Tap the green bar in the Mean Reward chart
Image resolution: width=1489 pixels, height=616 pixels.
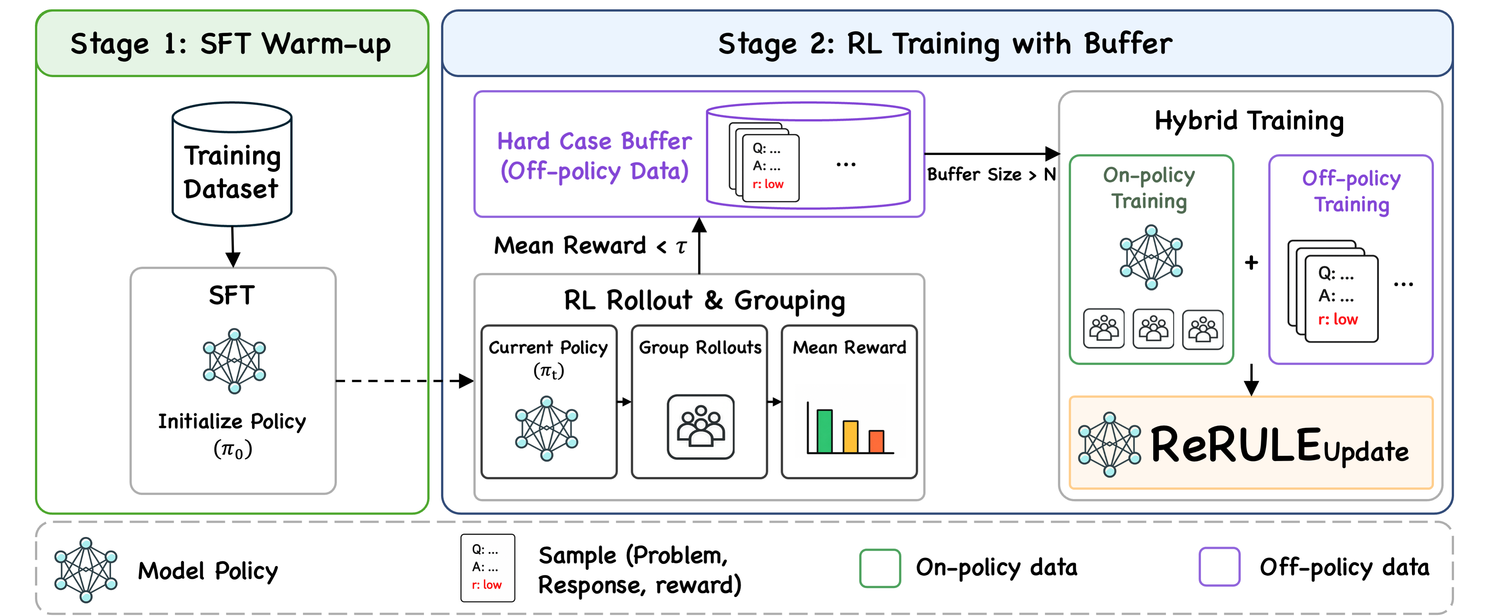tap(824, 431)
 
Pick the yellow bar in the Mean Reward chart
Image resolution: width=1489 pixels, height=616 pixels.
tap(850, 437)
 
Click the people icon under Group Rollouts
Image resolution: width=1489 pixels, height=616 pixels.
tap(701, 427)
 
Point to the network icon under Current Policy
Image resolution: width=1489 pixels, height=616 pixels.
tap(547, 428)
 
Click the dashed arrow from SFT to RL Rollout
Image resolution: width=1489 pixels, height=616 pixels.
tap(405, 380)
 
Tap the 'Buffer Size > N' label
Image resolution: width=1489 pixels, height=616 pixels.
tap(991, 174)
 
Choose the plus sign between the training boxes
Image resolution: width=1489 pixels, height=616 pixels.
tap(1252, 263)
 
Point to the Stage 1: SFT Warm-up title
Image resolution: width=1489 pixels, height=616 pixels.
tap(231, 44)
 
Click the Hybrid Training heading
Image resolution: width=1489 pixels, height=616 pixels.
tap(1249, 121)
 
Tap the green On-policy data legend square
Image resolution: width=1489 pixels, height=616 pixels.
tap(880, 568)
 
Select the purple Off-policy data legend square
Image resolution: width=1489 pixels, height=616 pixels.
tap(1219, 567)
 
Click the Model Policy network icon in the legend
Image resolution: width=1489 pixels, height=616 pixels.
tap(86, 570)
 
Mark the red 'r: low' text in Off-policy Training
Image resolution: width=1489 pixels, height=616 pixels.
tap(1337, 319)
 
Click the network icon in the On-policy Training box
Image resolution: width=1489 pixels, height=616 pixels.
tap(1151, 258)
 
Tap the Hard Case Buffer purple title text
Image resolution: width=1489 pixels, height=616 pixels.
tap(594, 156)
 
